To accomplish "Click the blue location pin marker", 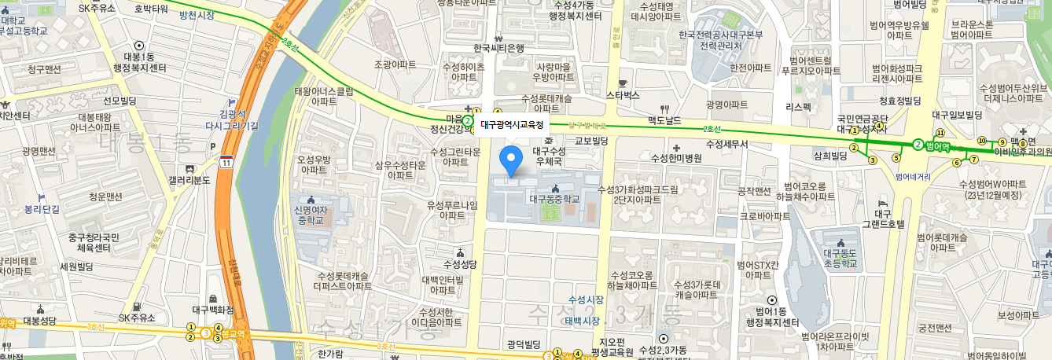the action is tap(512, 160).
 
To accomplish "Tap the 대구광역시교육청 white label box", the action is tap(512, 124).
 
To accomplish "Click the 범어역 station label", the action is tap(939, 145).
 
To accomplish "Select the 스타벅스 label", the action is tap(623, 94).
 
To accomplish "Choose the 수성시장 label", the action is tap(587, 300).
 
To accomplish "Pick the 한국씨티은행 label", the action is tap(498, 48).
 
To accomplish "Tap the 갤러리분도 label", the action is tap(189, 179).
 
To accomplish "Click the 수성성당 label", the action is tap(459, 263).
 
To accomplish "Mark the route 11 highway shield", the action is tap(226, 162).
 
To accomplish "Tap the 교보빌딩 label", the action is tap(592, 141).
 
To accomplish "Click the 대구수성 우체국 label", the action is tap(549, 155).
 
